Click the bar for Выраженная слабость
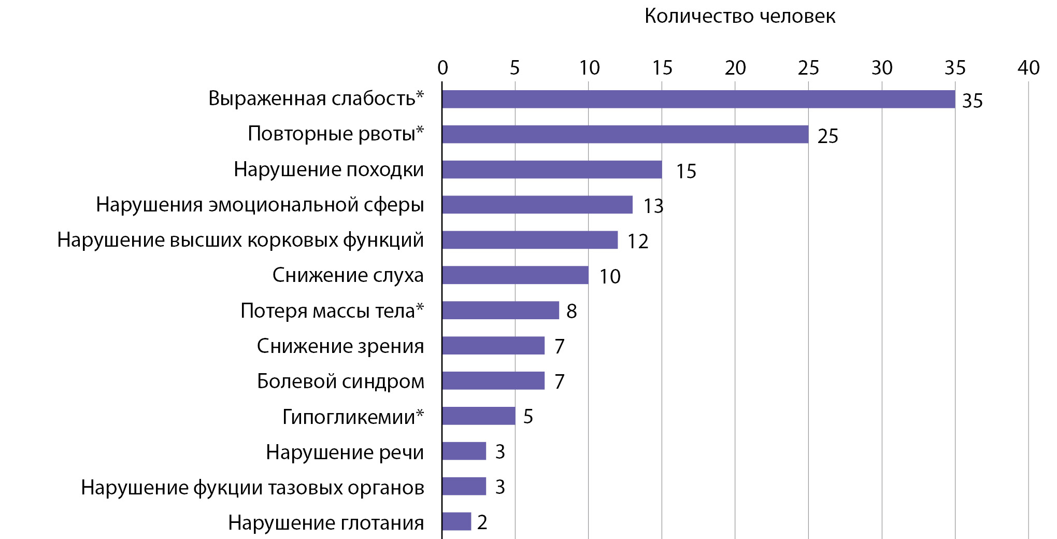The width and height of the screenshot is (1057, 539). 698,99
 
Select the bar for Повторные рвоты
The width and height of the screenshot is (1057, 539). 625,134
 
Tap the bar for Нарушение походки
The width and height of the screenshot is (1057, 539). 552,169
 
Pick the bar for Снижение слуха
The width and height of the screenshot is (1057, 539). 515,275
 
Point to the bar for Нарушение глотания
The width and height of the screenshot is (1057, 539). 456,521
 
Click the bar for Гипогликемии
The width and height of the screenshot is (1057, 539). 478,416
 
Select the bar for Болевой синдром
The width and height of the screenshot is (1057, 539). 493,380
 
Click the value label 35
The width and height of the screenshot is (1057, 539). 972,101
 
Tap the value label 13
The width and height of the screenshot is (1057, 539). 653,206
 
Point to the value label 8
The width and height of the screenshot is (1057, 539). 572,311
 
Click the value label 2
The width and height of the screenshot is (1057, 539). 482,522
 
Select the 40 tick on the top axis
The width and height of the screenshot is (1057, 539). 1029,68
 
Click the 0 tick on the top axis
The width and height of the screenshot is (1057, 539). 442,68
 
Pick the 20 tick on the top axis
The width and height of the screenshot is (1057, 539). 735,68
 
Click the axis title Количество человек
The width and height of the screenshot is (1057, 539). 739,17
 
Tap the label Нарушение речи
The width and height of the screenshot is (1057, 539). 345,452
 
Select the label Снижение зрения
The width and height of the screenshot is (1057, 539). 340,346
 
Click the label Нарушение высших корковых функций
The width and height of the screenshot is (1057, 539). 240,240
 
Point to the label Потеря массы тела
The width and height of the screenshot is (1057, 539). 332,311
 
